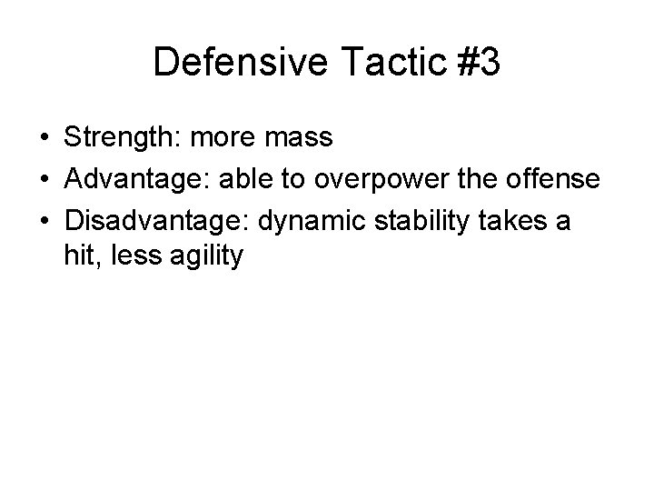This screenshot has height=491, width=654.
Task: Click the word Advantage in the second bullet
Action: pyautogui.click(x=128, y=180)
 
